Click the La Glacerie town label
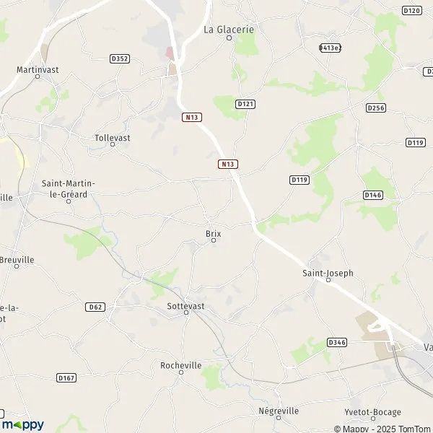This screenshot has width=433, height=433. (x=229, y=29)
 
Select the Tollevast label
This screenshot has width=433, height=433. (x=113, y=136)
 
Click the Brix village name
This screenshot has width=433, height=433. (x=213, y=234)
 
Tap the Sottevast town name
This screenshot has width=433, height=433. (x=185, y=306)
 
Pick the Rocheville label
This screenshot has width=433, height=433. (x=180, y=366)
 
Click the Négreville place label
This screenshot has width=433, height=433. (x=278, y=411)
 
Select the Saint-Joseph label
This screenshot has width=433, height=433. (x=328, y=273)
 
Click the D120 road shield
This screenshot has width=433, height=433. (x=411, y=10)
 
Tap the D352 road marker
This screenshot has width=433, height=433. (x=119, y=58)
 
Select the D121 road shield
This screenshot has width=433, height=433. (x=245, y=104)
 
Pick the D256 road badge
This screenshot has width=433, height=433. (x=375, y=108)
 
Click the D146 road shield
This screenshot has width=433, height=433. (x=372, y=195)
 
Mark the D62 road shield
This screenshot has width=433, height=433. (x=95, y=307)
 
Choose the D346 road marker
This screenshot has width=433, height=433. (x=337, y=342)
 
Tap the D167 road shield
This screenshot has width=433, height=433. (x=66, y=378)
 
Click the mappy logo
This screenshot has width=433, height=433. (x=23, y=424)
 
